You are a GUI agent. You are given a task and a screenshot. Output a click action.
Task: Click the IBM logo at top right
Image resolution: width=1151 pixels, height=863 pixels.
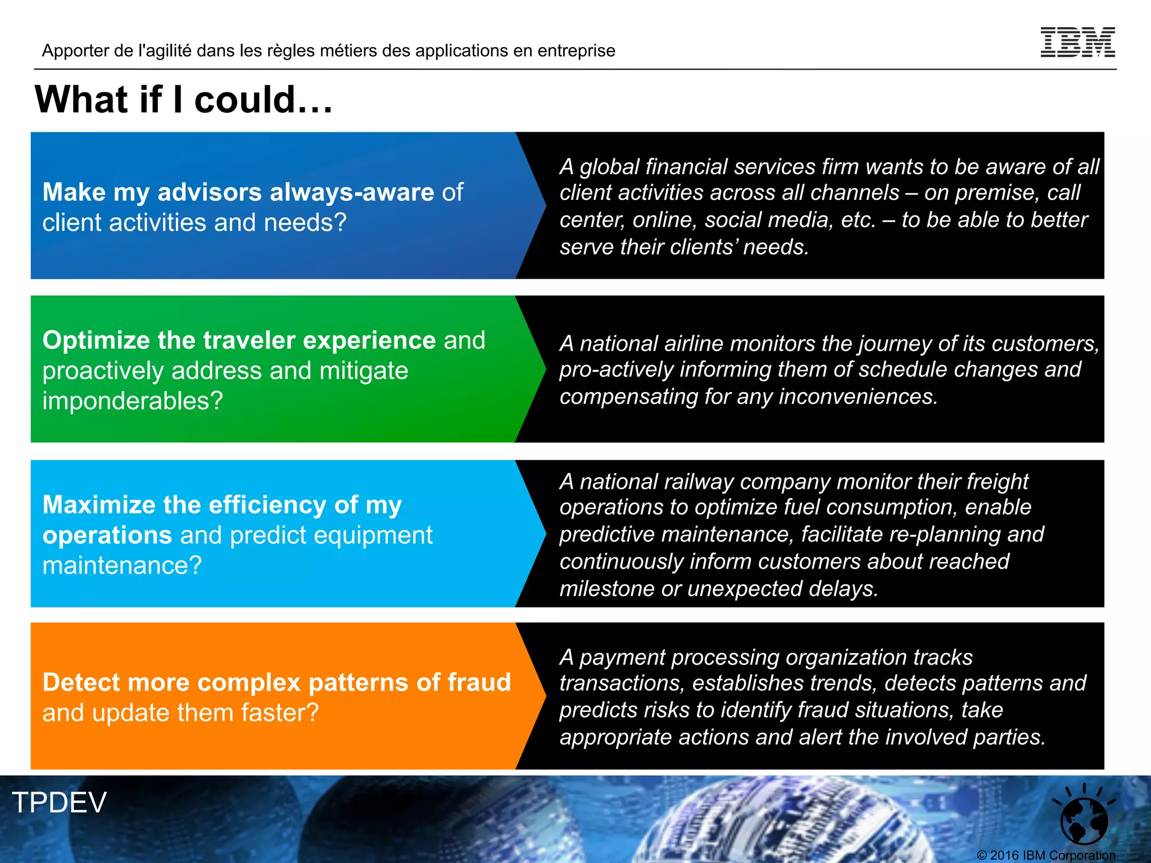[1077, 42]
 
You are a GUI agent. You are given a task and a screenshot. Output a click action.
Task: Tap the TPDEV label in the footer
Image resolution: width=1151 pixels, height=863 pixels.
[60, 802]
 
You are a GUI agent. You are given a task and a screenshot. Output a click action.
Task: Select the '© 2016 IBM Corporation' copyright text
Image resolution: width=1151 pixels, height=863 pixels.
[1046, 855]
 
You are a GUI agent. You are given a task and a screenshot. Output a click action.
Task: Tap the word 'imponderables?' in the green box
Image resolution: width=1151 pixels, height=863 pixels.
[133, 401]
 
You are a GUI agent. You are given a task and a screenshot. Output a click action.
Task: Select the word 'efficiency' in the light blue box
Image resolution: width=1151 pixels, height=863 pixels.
[267, 505]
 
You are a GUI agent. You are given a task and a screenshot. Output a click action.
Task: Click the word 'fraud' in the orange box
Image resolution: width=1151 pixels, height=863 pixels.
[479, 683]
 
